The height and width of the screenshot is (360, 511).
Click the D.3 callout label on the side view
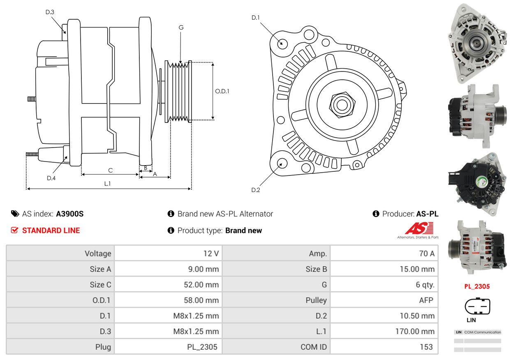pos(50,12)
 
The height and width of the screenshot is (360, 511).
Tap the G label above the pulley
pos(181,28)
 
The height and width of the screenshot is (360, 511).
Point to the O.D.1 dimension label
pos(222,91)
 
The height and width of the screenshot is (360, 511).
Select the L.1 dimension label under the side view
pos(107,184)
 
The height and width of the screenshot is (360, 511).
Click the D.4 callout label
pos(51,178)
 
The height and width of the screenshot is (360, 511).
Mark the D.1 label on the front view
pos(256,18)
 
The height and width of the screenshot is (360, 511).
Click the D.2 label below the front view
pos(256,190)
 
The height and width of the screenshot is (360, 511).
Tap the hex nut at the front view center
pos(342,105)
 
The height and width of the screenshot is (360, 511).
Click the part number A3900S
pos(70,214)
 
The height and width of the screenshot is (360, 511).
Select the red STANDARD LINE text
pos(51,231)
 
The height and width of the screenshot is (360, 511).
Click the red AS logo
pos(419,228)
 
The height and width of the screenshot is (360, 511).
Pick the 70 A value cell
pos(384,253)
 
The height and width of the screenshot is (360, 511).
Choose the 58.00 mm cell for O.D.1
pos(168,300)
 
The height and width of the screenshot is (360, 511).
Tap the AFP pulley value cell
pos(384,300)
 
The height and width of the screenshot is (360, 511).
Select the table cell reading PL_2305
pos(168,347)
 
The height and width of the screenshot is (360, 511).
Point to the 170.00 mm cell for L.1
pos(384,331)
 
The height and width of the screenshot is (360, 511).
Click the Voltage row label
pos(98,254)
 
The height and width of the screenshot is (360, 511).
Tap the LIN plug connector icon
pos(477,306)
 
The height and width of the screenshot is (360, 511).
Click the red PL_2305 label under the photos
pos(477,286)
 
